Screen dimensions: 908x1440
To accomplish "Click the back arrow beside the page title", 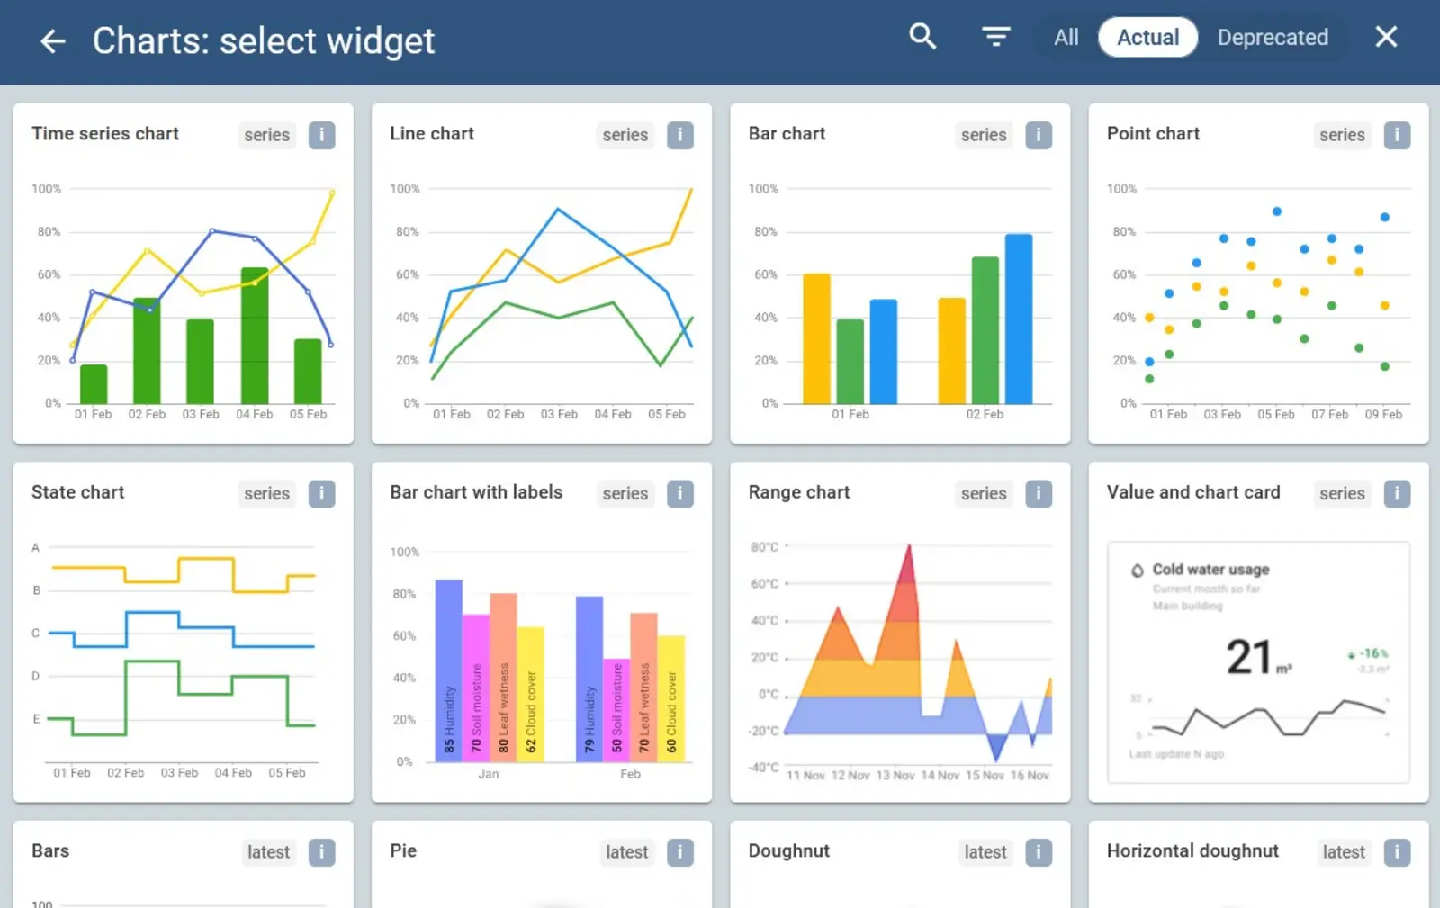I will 53,40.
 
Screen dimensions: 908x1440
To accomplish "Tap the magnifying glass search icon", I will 922,37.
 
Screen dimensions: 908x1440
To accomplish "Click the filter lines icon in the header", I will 995,37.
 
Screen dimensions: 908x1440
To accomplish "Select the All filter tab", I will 1066,38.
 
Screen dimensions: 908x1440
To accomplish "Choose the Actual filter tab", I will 1147,38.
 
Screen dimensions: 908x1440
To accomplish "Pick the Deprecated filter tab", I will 1273,38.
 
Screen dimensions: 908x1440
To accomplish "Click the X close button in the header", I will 1386,37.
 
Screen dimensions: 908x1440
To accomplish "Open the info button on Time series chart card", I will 321,135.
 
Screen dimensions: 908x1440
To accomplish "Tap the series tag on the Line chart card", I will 625,135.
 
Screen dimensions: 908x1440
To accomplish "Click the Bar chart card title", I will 787,133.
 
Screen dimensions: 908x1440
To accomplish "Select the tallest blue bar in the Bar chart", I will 1018,319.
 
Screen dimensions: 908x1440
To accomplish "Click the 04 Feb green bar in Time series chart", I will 255,335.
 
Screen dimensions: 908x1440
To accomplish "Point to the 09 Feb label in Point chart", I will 1383,414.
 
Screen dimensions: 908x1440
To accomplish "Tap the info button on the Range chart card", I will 1039,493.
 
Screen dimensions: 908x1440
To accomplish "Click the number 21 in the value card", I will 1249,657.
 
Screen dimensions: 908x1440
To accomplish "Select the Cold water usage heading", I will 1210,570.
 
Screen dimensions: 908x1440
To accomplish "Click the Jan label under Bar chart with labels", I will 489,774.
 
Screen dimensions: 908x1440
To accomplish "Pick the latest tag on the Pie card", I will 626,852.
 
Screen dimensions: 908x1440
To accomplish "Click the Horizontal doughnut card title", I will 1192,850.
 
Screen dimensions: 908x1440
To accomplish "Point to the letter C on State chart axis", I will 36,633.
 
